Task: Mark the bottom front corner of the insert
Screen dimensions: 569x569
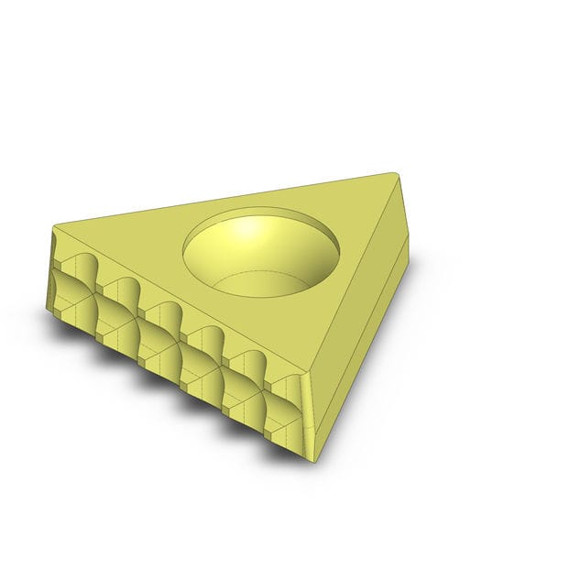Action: point(312,457)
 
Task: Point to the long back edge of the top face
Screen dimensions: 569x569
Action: point(229,199)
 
